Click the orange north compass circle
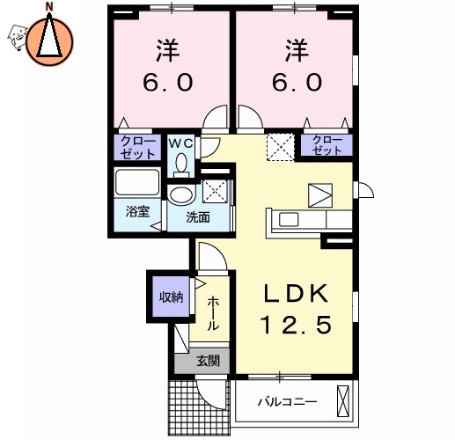coord(49,39)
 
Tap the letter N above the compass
coord(49,7)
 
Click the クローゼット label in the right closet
coord(327,145)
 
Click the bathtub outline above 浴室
coord(137,185)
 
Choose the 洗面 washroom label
coord(197,217)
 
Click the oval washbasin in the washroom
coord(183,194)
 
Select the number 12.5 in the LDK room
coord(295,326)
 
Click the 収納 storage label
coord(171,297)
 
